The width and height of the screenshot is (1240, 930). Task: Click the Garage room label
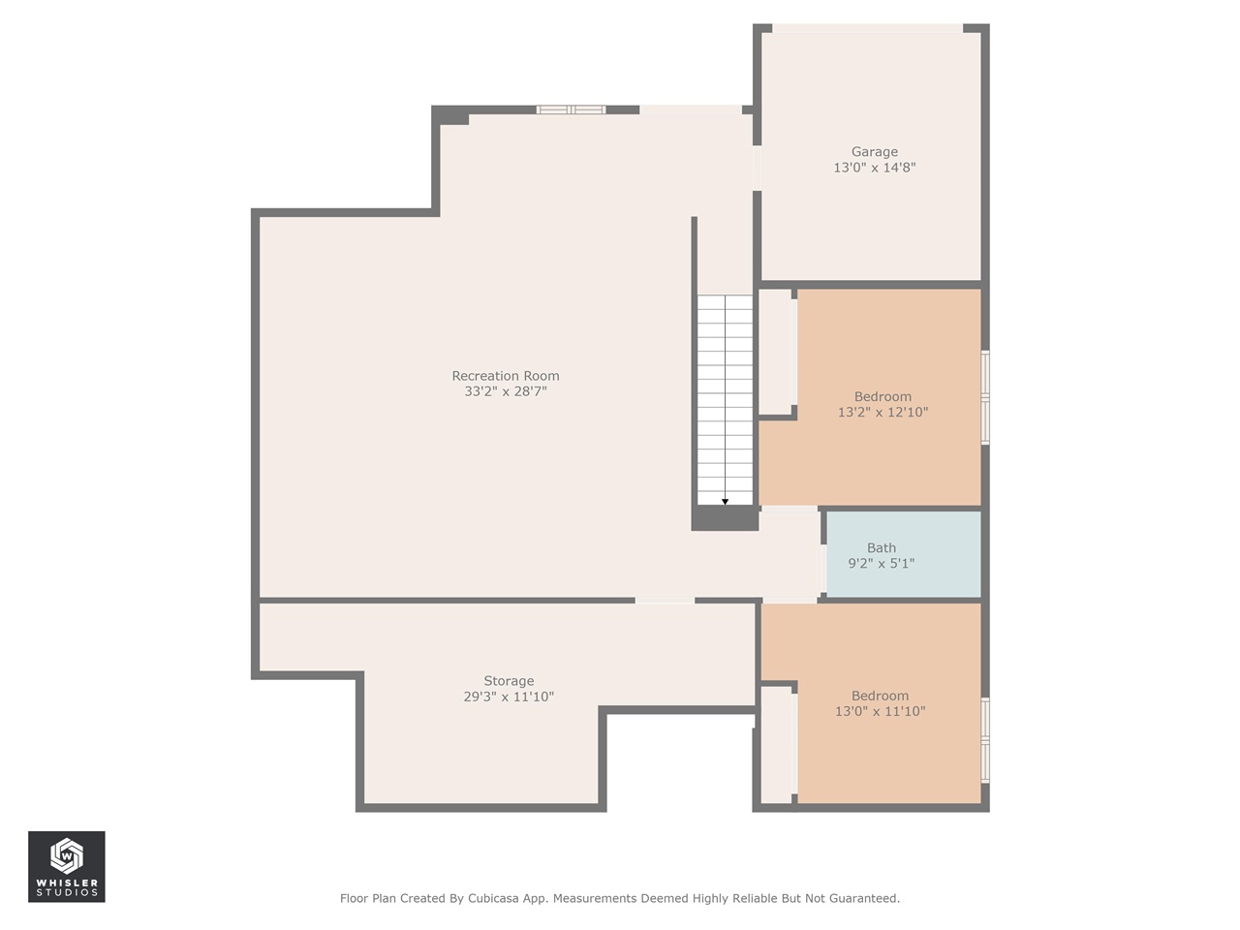pos(874,152)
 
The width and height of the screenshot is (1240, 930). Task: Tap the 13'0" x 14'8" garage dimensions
pos(874,168)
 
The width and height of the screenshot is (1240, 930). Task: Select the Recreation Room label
pos(505,376)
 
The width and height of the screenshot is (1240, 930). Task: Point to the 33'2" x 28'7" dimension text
pos(505,391)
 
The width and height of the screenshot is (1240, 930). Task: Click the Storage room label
pos(509,681)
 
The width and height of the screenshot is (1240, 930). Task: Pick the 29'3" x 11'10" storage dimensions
pos(509,697)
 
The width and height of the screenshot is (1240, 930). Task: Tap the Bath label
pos(881,548)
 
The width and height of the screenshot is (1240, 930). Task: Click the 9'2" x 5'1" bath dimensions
pos(881,563)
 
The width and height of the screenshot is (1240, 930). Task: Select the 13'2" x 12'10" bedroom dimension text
pos(883,412)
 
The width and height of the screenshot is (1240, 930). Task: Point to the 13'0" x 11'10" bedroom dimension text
pos(880,711)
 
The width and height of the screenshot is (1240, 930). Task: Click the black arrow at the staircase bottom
pos(725,501)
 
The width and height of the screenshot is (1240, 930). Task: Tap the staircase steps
pos(725,397)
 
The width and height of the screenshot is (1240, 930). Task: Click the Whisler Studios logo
pos(67,866)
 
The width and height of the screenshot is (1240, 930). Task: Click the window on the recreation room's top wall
pos(572,109)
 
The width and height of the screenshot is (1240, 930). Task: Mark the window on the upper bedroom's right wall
pos(985,397)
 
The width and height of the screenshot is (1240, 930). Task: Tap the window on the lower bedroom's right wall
pos(985,740)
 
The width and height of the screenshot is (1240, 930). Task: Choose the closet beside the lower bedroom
pos(776,744)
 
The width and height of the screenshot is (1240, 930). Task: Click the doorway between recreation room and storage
pos(665,601)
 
